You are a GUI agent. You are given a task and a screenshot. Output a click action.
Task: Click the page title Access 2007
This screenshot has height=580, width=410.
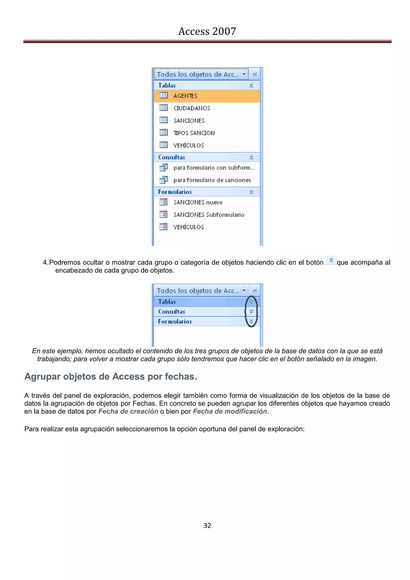click(207, 31)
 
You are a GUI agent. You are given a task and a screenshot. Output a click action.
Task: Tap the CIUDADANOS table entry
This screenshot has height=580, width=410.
click(192, 108)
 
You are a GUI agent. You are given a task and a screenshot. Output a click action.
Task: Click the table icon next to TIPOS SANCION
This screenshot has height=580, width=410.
click(164, 132)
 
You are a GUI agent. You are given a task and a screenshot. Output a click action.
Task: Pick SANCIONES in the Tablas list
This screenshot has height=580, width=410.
click(189, 121)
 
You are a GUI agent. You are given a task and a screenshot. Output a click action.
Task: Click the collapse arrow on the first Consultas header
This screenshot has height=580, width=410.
click(251, 157)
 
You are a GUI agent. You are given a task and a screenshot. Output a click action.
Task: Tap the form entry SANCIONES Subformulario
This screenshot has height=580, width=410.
click(209, 215)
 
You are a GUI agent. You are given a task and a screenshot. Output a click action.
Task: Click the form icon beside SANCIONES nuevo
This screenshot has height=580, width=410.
click(163, 202)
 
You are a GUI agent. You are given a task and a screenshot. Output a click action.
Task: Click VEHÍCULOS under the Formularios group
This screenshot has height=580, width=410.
click(188, 227)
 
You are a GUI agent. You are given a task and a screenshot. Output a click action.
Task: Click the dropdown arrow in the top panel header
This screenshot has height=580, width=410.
click(244, 74)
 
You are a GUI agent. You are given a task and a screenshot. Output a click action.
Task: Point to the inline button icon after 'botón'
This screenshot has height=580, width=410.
click(331, 260)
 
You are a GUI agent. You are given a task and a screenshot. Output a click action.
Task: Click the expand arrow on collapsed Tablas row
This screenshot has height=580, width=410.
click(251, 302)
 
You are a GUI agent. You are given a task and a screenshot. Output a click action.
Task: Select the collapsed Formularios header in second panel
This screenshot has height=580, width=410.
click(175, 322)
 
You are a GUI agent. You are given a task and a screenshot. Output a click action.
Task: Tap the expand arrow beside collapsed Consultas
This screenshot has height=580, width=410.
click(251, 311)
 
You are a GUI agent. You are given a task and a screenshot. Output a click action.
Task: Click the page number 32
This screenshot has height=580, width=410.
click(207, 526)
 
